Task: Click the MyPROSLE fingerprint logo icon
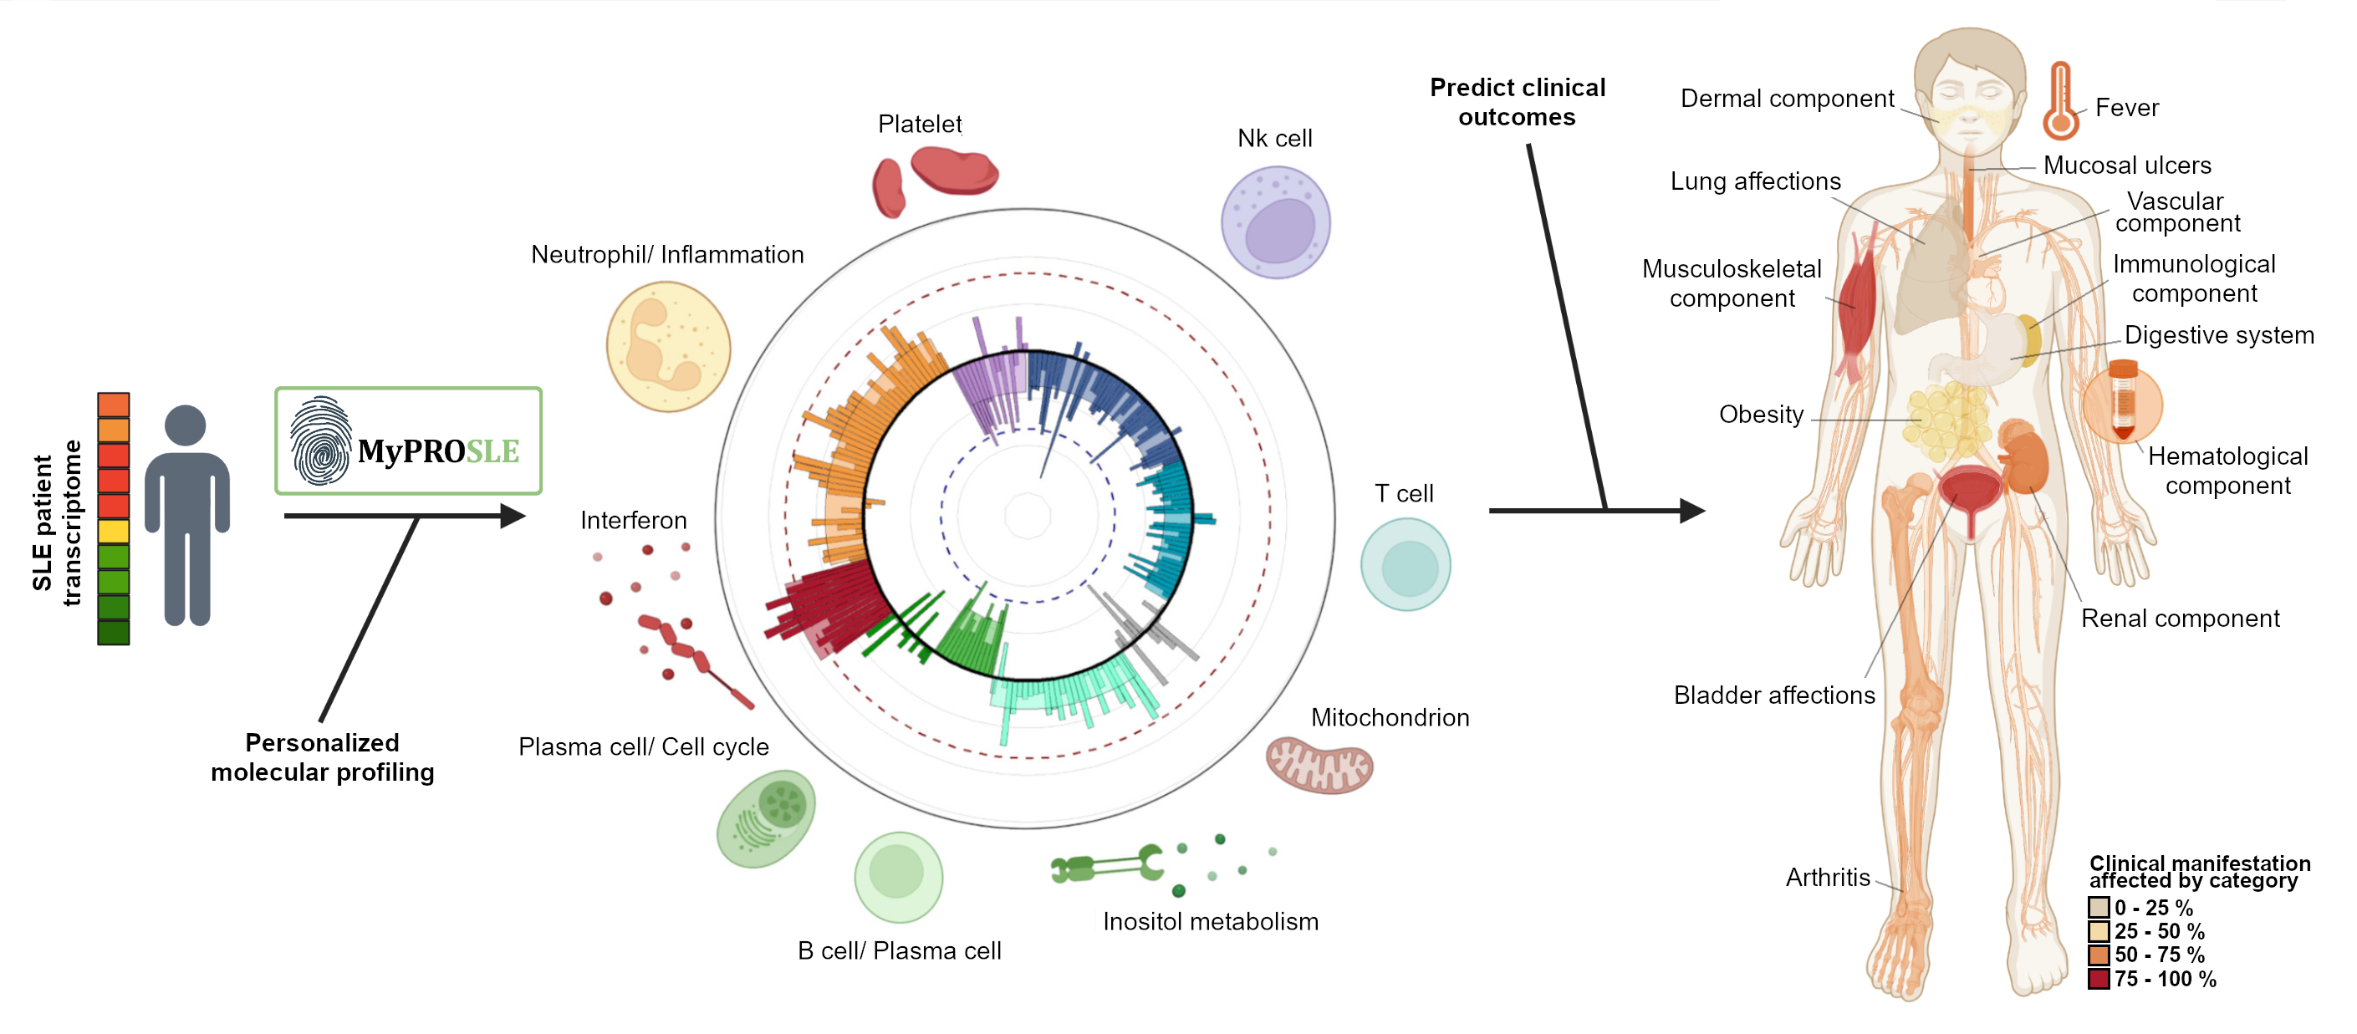tap(320, 441)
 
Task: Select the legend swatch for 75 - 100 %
tap(2099, 978)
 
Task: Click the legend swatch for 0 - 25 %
tap(2099, 907)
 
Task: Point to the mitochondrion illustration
tap(1319, 764)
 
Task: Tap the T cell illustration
tap(1406, 564)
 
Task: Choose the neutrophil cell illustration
tap(668, 347)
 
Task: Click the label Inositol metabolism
tap(1211, 921)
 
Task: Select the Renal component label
tap(2181, 619)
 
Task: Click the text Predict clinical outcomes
tap(1517, 102)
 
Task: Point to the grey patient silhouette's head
tap(186, 425)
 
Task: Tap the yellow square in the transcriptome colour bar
tap(114, 531)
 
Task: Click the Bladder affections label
tap(1774, 695)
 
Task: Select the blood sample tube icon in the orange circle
tap(2123, 400)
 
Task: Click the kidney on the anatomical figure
tap(2024, 457)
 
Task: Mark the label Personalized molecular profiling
tap(322, 756)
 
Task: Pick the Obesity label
tap(1762, 415)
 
